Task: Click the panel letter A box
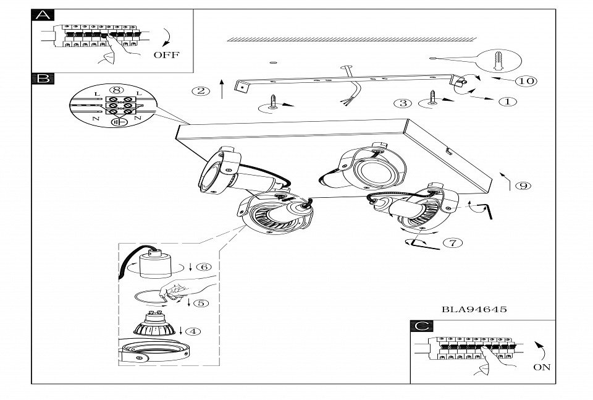click(x=42, y=15)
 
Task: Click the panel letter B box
click(x=42, y=79)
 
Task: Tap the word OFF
click(x=166, y=54)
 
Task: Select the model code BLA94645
click(x=474, y=309)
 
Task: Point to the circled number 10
click(x=526, y=81)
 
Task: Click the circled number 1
click(x=508, y=101)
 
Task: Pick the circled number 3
click(x=403, y=103)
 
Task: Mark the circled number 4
click(x=193, y=331)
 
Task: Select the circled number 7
click(x=454, y=242)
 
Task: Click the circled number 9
click(x=523, y=185)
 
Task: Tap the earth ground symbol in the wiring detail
click(x=116, y=122)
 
